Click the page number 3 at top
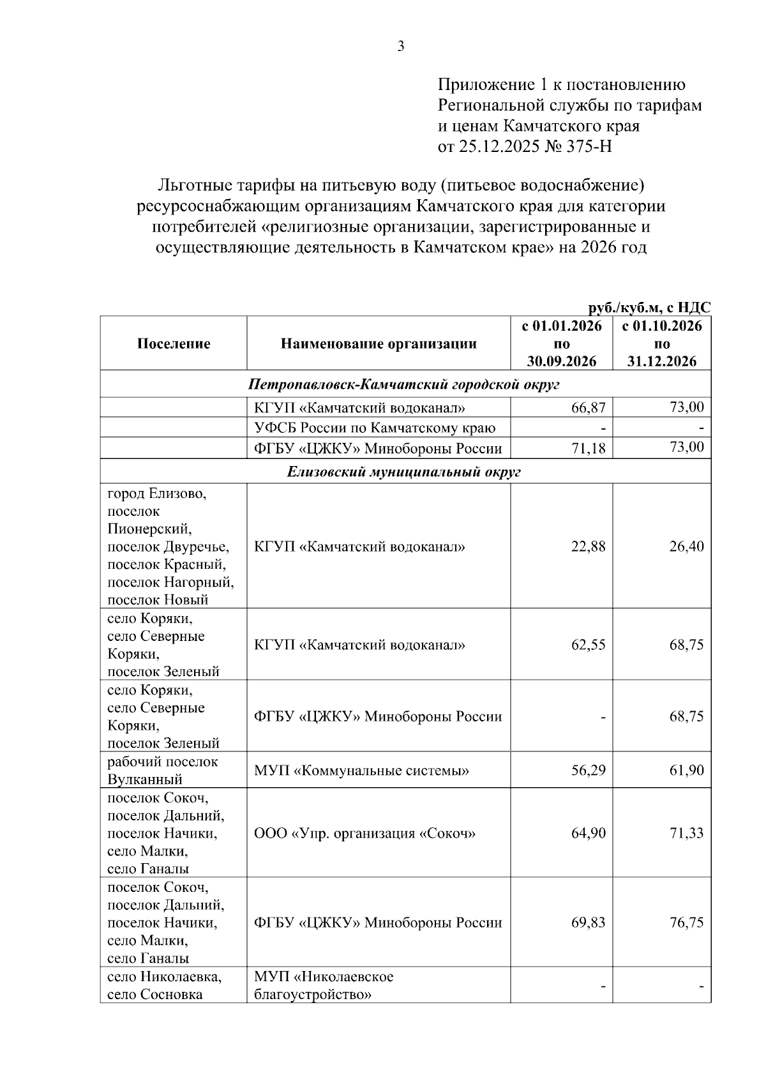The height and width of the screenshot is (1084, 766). [x=401, y=46]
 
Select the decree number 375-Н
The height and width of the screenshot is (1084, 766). [x=589, y=147]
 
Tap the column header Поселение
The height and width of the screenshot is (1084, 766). [x=174, y=343]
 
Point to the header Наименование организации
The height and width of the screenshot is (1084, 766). [x=379, y=343]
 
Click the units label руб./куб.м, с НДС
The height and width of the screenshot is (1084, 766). [x=649, y=308]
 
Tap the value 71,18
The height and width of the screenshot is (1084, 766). [x=588, y=449]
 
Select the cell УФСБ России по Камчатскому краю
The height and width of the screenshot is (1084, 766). [x=375, y=428]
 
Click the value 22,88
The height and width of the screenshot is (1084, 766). [x=588, y=546]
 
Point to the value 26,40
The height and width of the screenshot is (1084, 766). [x=686, y=546]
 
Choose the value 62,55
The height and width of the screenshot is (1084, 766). [x=588, y=645]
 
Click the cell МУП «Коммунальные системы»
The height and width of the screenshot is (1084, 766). [x=361, y=771]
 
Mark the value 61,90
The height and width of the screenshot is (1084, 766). [x=686, y=771]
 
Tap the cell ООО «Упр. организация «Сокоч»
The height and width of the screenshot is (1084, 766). [x=365, y=833]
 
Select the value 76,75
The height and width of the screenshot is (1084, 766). [x=686, y=922]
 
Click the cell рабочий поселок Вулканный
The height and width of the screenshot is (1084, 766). [x=163, y=771]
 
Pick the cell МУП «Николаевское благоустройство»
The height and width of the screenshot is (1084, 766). [x=324, y=986]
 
